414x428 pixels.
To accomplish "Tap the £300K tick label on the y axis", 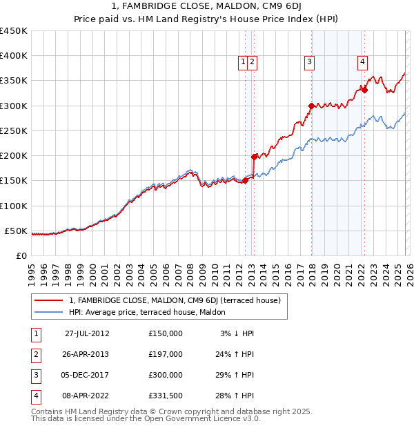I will [13, 106].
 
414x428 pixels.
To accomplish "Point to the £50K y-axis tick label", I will [15, 231].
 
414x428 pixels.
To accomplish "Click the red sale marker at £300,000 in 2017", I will [311, 106].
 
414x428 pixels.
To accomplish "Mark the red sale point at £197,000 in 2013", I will [254, 157].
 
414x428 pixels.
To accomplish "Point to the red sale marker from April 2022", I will [364, 90].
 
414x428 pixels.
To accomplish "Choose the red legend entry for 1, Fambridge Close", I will [175, 301].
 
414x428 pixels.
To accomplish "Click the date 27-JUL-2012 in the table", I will [87, 333].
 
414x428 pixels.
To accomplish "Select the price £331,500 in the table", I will [165, 396].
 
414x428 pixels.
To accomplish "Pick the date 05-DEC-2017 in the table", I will [87, 375].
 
